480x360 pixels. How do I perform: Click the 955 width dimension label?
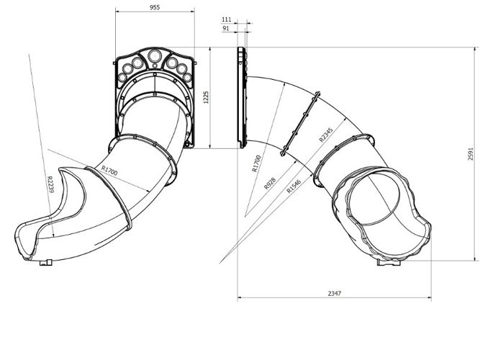(x=155, y=7)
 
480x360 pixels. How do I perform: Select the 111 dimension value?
(x=226, y=19)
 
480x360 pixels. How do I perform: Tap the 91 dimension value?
(x=226, y=28)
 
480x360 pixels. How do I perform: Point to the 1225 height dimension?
(x=206, y=97)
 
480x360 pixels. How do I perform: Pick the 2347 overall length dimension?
(x=335, y=293)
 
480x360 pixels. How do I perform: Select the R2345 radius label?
(x=325, y=135)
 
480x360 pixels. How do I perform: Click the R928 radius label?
(x=270, y=183)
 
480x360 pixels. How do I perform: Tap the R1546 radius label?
(x=294, y=186)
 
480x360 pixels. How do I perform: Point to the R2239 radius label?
(x=50, y=184)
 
